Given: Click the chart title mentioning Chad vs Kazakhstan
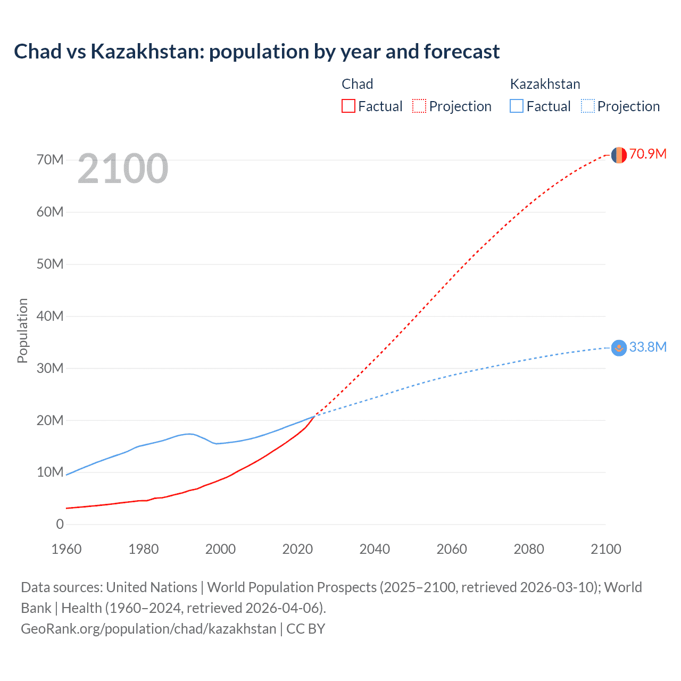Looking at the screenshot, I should (256, 52).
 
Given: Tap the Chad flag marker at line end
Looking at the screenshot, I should (619, 155).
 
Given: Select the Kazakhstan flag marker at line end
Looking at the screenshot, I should (619, 348).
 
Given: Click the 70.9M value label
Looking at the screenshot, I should (647, 154).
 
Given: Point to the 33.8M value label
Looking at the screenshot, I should (647, 347).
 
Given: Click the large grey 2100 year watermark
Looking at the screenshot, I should (123, 169).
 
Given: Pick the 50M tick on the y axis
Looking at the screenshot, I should (50, 264).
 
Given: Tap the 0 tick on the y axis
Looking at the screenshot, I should (60, 525).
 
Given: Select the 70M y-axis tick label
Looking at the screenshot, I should (50, 160).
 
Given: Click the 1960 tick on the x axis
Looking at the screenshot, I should (67, 549).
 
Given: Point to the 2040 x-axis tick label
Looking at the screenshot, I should (375, 549).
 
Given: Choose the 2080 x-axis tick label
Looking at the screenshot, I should (529, 549).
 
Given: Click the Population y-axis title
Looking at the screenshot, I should (22, 330).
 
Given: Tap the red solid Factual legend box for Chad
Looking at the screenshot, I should (348, 106).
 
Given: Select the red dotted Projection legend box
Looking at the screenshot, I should (419, 106).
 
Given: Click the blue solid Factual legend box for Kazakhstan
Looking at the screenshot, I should (517, 106).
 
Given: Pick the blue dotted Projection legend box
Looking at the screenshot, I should (587, 106).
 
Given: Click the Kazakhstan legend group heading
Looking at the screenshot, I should (545, 84).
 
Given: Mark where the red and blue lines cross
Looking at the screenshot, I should (316, 415).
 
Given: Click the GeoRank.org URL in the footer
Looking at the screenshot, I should (148, 629).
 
